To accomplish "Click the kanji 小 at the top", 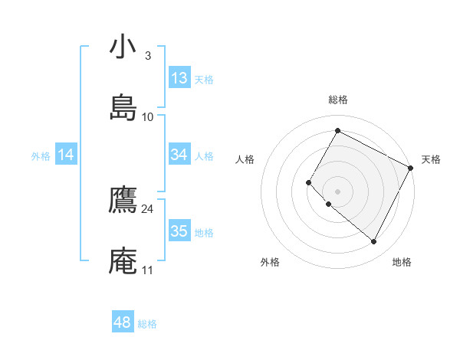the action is point(123,47).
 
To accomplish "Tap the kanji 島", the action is point(123,107).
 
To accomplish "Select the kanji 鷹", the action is point(123,200).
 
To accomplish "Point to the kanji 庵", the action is point(123,260).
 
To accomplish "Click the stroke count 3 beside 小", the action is point(148,56).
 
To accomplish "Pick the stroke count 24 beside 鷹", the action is point(148,209).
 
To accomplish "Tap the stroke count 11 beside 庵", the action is point(148,270).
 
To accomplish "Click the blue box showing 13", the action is point(179,78).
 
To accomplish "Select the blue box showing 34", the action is point(179,155).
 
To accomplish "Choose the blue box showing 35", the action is point(179,231).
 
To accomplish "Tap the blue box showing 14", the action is point(66,155).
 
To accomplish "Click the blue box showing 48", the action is point(123,322).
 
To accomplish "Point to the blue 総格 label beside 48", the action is point(148,324).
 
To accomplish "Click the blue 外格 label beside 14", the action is point(41,156).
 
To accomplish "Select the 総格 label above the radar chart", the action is point(337,100).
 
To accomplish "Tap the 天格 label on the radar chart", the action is point(431,159).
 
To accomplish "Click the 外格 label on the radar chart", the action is point(270,262).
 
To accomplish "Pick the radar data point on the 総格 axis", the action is point(337,130).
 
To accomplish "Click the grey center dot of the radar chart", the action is point(337,191).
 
